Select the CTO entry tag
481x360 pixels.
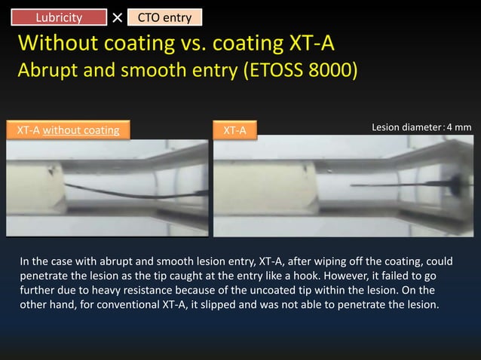(164, 17)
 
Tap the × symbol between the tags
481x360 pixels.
(118, 17)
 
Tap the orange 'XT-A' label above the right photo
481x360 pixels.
(234, 130)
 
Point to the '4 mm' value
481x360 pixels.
(459, 127)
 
